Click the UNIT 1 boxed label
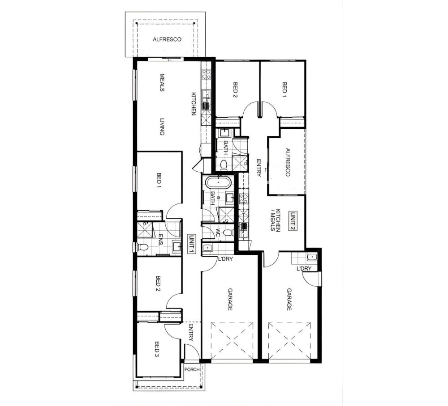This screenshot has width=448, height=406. [191, 244]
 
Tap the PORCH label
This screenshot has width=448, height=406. [192, 369]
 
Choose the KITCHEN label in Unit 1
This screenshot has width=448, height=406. [194, 104]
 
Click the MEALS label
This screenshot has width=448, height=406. [162, 83]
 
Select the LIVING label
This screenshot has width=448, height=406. [162, 127]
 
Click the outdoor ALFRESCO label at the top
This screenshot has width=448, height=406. [167, 39]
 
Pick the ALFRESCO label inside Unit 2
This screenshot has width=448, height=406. [288, 162]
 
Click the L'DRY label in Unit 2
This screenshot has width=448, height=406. [304, 269]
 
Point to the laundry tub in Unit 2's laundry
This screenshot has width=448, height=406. [312, 257]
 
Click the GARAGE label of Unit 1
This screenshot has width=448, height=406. [230, 300]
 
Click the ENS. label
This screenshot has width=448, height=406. [160, 240]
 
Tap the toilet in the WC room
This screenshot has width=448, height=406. [228, 233]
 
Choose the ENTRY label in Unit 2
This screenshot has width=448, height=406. [259, 168]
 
